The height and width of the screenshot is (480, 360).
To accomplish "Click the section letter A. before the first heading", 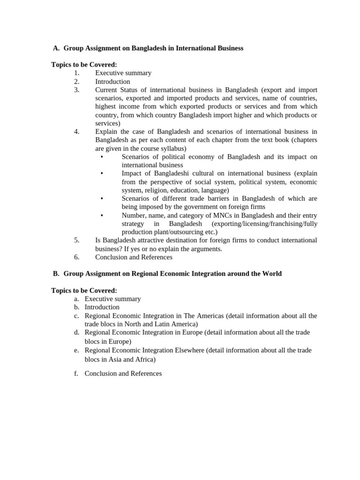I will [56, 48].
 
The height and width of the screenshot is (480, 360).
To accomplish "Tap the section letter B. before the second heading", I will [56, 273].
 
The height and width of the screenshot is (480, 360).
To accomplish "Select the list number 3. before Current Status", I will [77, 90].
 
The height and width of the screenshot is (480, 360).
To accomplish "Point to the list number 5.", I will [77, 240].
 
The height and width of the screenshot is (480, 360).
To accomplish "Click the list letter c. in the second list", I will [76, 316].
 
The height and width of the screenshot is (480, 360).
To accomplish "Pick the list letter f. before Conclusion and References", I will [76, 374].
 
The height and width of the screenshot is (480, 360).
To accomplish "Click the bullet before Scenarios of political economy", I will [102, 157].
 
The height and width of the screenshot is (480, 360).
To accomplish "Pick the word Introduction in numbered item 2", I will [112, 82].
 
